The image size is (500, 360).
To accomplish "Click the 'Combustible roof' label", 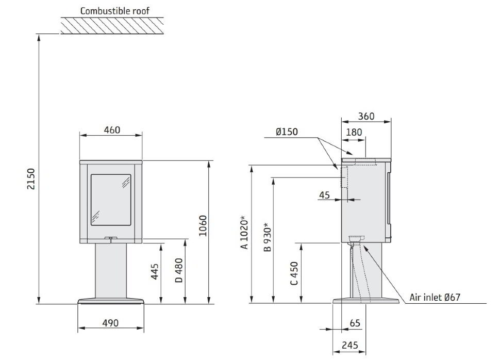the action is [x=115, y=11].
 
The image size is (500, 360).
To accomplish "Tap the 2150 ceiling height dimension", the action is [x=31, y=179].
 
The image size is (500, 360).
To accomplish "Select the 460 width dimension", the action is [x=112, y=130].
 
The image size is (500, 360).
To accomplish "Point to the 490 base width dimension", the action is [x=110, y=323].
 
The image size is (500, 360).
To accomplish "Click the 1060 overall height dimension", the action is [x=203, y=225].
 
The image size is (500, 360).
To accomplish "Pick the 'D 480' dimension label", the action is [x=179, y=270].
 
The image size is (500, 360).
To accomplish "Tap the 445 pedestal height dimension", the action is [x=155, y=271].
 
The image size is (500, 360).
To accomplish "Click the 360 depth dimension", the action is [x=366, y=116].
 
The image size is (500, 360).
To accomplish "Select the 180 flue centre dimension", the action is [x=354, y=132].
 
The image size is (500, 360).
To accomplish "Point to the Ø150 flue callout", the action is [x=287, y=132].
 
